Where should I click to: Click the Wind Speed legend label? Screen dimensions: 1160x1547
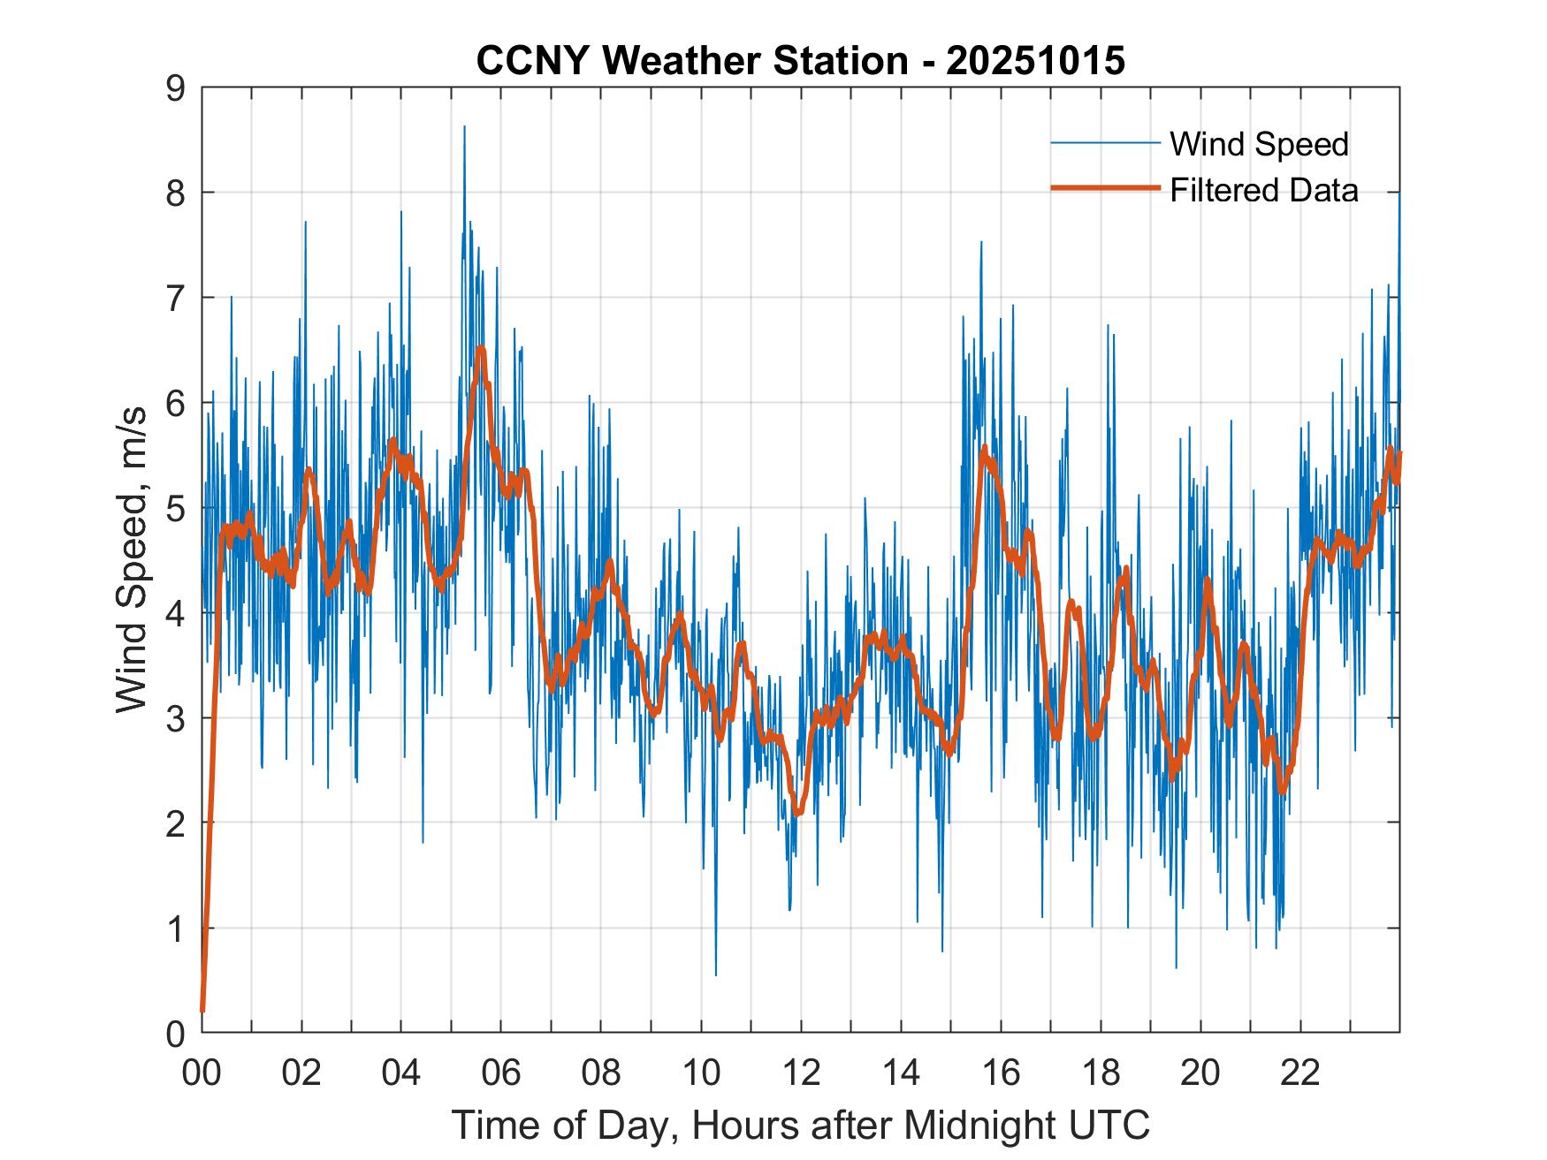pyautogui.click(x=1259, y=144)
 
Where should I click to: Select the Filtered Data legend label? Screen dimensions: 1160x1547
pyautogui.click(x=1263, y=190)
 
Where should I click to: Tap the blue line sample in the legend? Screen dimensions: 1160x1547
pyautogui.click(x=1105, y=143)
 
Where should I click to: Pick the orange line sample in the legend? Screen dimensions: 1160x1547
pyautogui.click(x=1105, y=188)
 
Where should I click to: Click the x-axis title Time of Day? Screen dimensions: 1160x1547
pyautogui.click(x=800, y=1126)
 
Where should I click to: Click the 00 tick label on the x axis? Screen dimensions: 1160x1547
pyautogui.click(x=202, y=1073)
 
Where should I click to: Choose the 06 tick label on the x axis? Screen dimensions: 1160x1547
pyautogui.click(x=500, y=1073)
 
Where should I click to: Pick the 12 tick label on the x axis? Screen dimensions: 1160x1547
pyautogui.click(x=801, y=1073)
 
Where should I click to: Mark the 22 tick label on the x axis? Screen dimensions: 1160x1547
pyautogui.click(x=1300, y=1073)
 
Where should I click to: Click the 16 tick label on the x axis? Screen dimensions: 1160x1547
pyautogui.click(x=1001, y=1073)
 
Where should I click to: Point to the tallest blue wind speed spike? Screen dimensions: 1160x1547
pyautogui.click(x=464, y=127)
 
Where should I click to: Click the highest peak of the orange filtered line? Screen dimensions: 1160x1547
pyautogui.click(x=481, y=349)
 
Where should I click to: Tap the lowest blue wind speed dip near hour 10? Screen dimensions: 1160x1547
pyautogui.click(x=715, y=974)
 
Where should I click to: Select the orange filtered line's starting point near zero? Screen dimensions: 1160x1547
pyautogui.click(x=202, y=1010)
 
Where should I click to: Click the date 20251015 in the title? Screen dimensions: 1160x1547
pyautogui.click(x=1035, y=61)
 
